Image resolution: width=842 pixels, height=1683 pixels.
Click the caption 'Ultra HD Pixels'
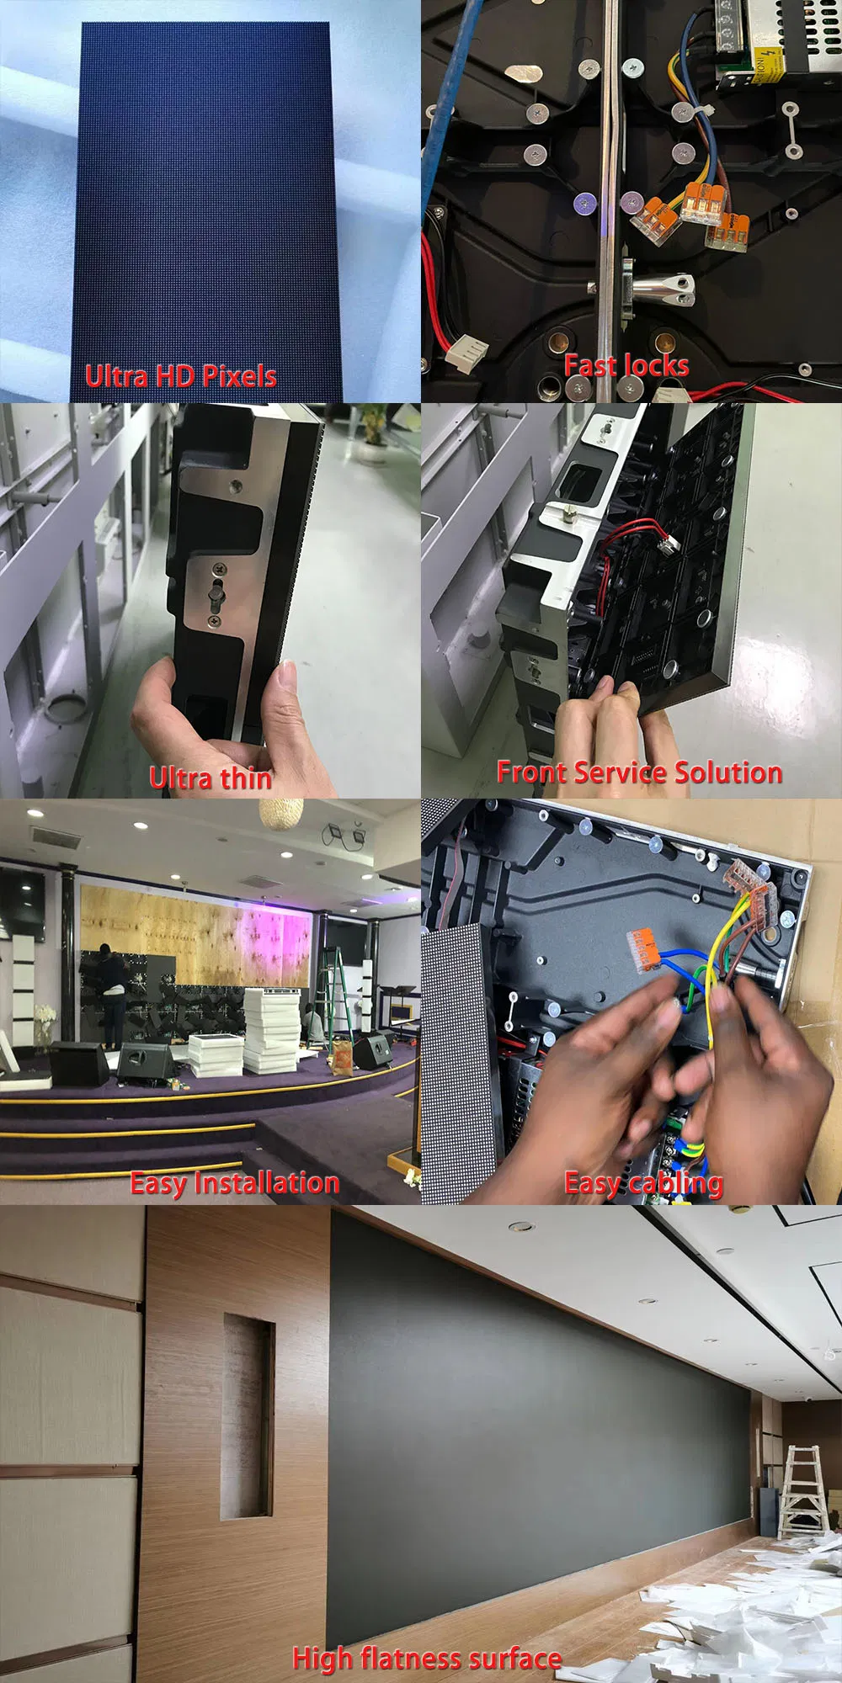(x=180, y=376)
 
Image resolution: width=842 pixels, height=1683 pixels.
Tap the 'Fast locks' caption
(x=626, y=366)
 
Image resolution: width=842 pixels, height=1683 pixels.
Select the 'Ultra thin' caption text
(x=210, y=778)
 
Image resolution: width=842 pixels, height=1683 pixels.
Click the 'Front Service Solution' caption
(x=639, y=772)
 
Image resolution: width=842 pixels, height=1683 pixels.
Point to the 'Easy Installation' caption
(x=234, y=1183)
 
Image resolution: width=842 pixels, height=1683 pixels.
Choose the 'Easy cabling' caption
(x=643, y=1183)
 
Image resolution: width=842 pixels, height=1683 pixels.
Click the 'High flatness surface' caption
(x=427, y=1658)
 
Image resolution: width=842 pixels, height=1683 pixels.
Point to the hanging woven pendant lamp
(x=280, y=814)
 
